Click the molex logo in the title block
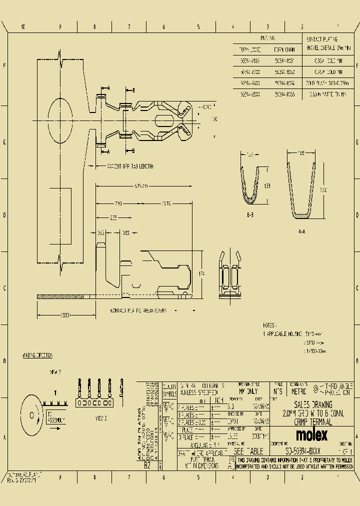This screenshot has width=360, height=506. coord(311,434)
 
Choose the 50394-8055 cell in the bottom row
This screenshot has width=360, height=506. coord(284,93)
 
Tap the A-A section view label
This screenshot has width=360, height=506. coord(301,231)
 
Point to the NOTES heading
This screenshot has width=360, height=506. coord(269,325)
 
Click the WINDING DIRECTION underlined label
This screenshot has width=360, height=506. coord(37,355)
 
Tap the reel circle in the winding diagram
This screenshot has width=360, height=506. coord(32,414)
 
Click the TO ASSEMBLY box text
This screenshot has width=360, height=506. coord(56,417)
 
